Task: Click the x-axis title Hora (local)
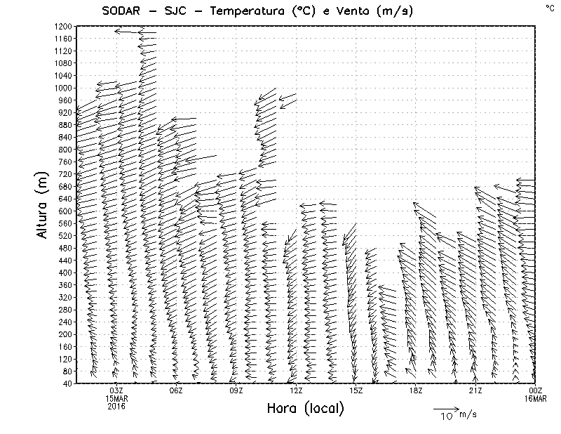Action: (305, 409)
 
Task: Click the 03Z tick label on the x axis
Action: (116, 390)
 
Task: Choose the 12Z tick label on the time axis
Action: (296, 390)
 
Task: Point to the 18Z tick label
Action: (416, 390)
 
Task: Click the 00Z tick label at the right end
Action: (535, 390)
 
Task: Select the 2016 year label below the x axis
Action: (116, 406)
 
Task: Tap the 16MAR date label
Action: (535, 398)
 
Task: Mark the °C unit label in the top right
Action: (549, 8)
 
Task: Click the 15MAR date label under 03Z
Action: (116, 398)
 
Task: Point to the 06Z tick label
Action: (176, 390)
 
